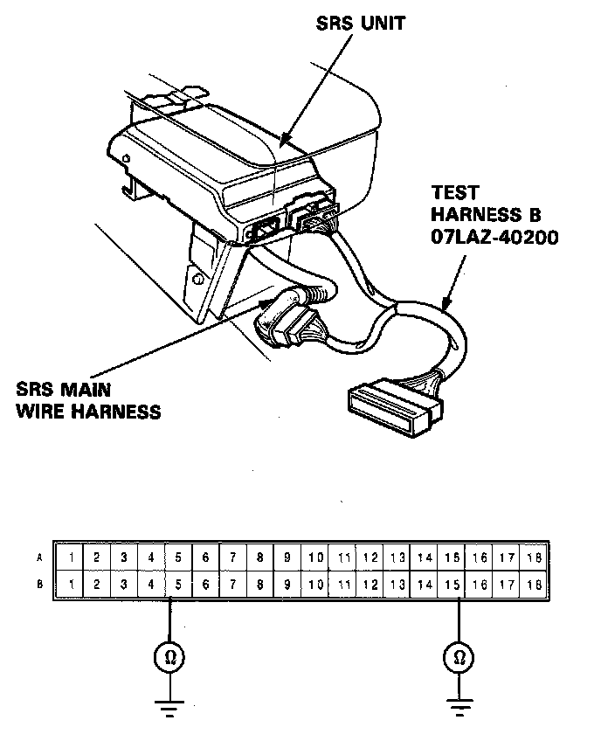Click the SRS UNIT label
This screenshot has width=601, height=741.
[x=360, y=24]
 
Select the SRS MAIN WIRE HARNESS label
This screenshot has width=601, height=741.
[x=87, y=399]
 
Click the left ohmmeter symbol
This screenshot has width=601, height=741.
[x=169, y=658]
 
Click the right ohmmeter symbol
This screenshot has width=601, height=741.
[x=459, y=658]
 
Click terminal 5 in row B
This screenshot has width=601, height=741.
[x=178, y=583]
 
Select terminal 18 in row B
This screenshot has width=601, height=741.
[x=535, y=583]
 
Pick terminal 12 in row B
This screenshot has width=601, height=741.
[x=370, y=583]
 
